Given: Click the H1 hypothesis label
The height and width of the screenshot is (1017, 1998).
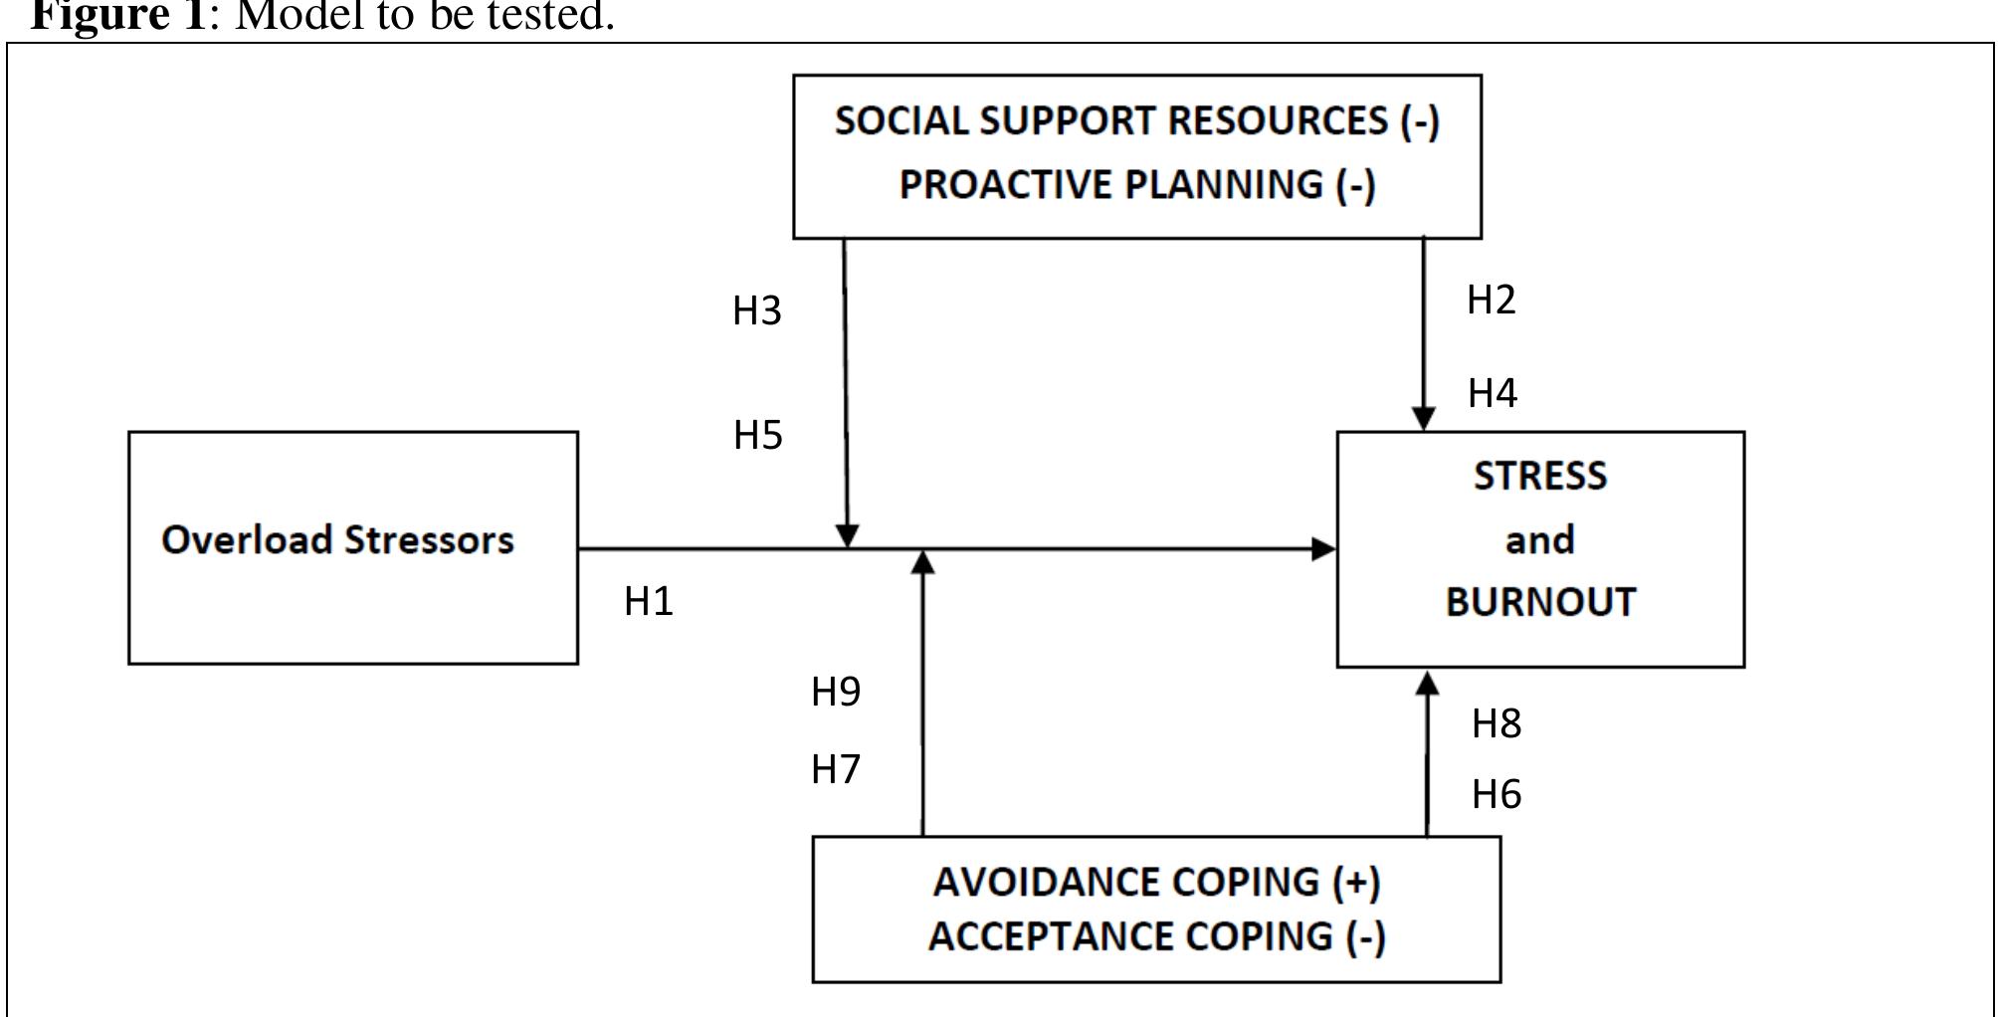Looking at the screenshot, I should pyautogui.click(x=649, y=601).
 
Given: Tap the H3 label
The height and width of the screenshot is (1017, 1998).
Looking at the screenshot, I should pyautogui.click(x=757, y=311).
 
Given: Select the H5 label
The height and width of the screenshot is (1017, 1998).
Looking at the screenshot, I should pyautogui.click(x=758, y=436).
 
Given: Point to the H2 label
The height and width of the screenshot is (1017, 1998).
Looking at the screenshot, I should pyautogui.click(x=1491, y=300).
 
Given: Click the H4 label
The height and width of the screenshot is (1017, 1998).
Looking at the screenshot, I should pyautogui.click(x=1492, y=394).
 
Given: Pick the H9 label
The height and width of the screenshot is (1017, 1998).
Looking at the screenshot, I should pyautogui.click(x=836, y=692).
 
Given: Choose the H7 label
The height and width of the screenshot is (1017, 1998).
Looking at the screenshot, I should pyautogui.click(x=836, y=769).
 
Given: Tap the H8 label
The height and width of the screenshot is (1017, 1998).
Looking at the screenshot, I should pyautogui.click(x=1496, y=724).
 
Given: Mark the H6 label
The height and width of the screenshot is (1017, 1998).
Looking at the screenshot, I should pyautogui.click(x=1496, y=795).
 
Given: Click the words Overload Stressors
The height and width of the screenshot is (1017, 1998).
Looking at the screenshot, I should pyautogui.click(x=337, y=540).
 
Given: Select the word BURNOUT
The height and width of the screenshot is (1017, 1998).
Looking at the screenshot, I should pyautogui.click(x=1540, y=603).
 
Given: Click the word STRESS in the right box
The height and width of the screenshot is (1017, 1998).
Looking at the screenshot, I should pyautogui.click(x=1539, y=477).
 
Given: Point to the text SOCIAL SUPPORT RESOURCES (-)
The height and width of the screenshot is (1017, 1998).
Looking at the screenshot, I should pyautogui.click(x=1136, y=121).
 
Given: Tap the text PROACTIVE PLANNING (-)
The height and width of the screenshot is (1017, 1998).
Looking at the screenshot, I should pyautogui.click(x=1136, y=185).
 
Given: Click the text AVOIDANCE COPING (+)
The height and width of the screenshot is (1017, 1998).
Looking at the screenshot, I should pyautogui.click(x=1156, y=883).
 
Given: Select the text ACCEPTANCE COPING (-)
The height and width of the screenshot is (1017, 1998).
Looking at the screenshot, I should pyautogui.click(x=1156, y=937).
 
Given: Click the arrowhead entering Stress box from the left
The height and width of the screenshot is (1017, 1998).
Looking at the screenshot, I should pyautogui.click(x=1324, y=548).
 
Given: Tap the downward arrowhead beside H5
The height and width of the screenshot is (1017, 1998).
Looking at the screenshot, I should pyautogui.click(x=847, y=536).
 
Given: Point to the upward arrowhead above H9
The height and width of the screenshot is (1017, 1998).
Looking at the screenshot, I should pyautogui.click(x=923, y=562).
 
